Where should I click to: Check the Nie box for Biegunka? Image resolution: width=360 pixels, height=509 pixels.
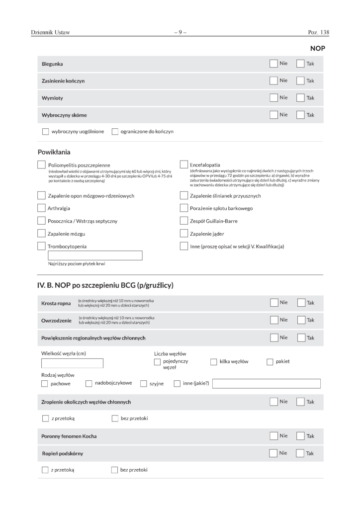[x=273, y=64]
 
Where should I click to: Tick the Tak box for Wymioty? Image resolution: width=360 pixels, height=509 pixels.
[x=300, y=97]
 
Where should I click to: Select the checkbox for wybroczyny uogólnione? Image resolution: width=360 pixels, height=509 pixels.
[x=46, y=132]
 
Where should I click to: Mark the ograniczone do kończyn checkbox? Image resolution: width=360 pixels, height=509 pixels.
[x=115, y=132]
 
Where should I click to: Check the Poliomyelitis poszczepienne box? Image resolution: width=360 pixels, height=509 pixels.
[x=42, y=165]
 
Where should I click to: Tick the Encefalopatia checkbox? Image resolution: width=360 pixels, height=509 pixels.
[x=183, y=165]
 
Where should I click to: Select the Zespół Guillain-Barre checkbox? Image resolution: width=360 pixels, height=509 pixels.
[x=183, y=220]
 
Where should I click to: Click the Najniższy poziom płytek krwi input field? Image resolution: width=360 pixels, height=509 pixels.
[x=95, y=255]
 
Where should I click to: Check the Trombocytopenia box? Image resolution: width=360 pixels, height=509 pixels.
[x=42, y=246]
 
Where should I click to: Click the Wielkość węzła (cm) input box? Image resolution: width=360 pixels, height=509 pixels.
[x=72, y=363]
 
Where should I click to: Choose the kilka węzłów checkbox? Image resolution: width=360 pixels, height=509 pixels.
[x=214, y=362]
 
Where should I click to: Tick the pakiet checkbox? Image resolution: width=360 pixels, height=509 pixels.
[x=270, y=362]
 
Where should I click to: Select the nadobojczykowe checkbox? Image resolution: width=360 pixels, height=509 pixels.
[x=89, y=383]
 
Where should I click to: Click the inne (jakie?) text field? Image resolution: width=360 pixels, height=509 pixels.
[x=266, y=383]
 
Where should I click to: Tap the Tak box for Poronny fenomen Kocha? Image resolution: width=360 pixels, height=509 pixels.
[x=300, y=436]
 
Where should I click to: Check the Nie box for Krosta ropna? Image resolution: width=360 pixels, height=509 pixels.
[x=273, y=302]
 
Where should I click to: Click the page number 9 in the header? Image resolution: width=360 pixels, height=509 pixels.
[x=180, y=33]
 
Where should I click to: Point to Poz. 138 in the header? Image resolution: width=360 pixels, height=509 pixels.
[x=319, y=33]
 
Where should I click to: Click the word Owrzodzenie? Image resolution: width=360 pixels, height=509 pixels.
[x=57, y=321]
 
